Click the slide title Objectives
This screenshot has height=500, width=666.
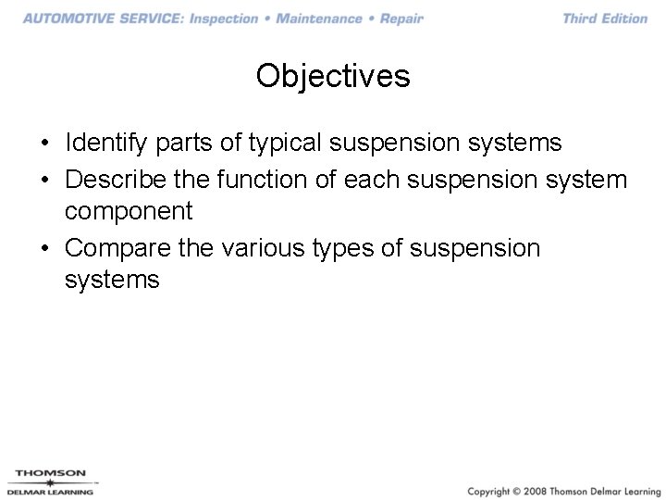click(333, 76)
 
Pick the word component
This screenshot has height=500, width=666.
click(129, 212)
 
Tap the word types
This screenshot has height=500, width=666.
click(358, 249)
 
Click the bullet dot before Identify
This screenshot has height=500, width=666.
click(44, 144)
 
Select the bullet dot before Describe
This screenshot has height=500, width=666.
click(44, 179)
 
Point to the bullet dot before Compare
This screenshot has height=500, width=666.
click(44, 249)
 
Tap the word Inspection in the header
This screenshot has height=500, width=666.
click(224, 19)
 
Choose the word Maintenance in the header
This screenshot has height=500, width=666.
click(319, 19)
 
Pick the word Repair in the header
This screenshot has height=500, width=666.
click(401, 19)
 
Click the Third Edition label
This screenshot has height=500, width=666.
click(605, 19)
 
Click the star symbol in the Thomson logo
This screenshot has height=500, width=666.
click(50, 482)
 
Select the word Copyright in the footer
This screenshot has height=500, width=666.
click(493, 490)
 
